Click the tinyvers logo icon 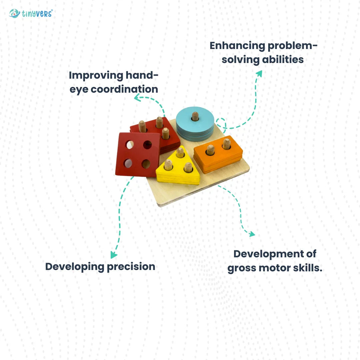[14, 14]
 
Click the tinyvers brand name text [37, 14]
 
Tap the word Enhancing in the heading [237, 46]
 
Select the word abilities [283, 59]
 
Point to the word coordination [124, 89]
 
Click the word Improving [96, 76]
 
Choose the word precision [131, 267]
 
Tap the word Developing [75, 267]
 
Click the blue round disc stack [195, 124]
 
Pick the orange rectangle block [218, 154]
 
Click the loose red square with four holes [138, 155]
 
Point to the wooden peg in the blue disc [195, 116]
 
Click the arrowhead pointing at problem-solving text [259, 73]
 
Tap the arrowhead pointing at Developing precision [113, 255]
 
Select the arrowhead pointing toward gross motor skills [252, 234]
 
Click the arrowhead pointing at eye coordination [137, 98]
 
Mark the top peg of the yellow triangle [180, 152]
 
